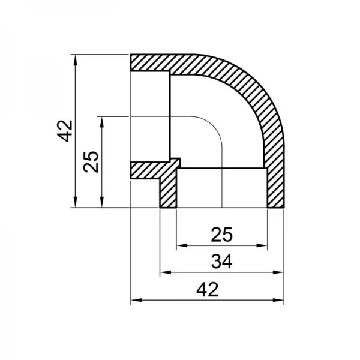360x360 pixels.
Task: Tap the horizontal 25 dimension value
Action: (222, 235)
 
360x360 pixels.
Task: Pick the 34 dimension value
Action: (222, 262)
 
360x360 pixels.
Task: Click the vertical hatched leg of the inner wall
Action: (168, 192)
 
